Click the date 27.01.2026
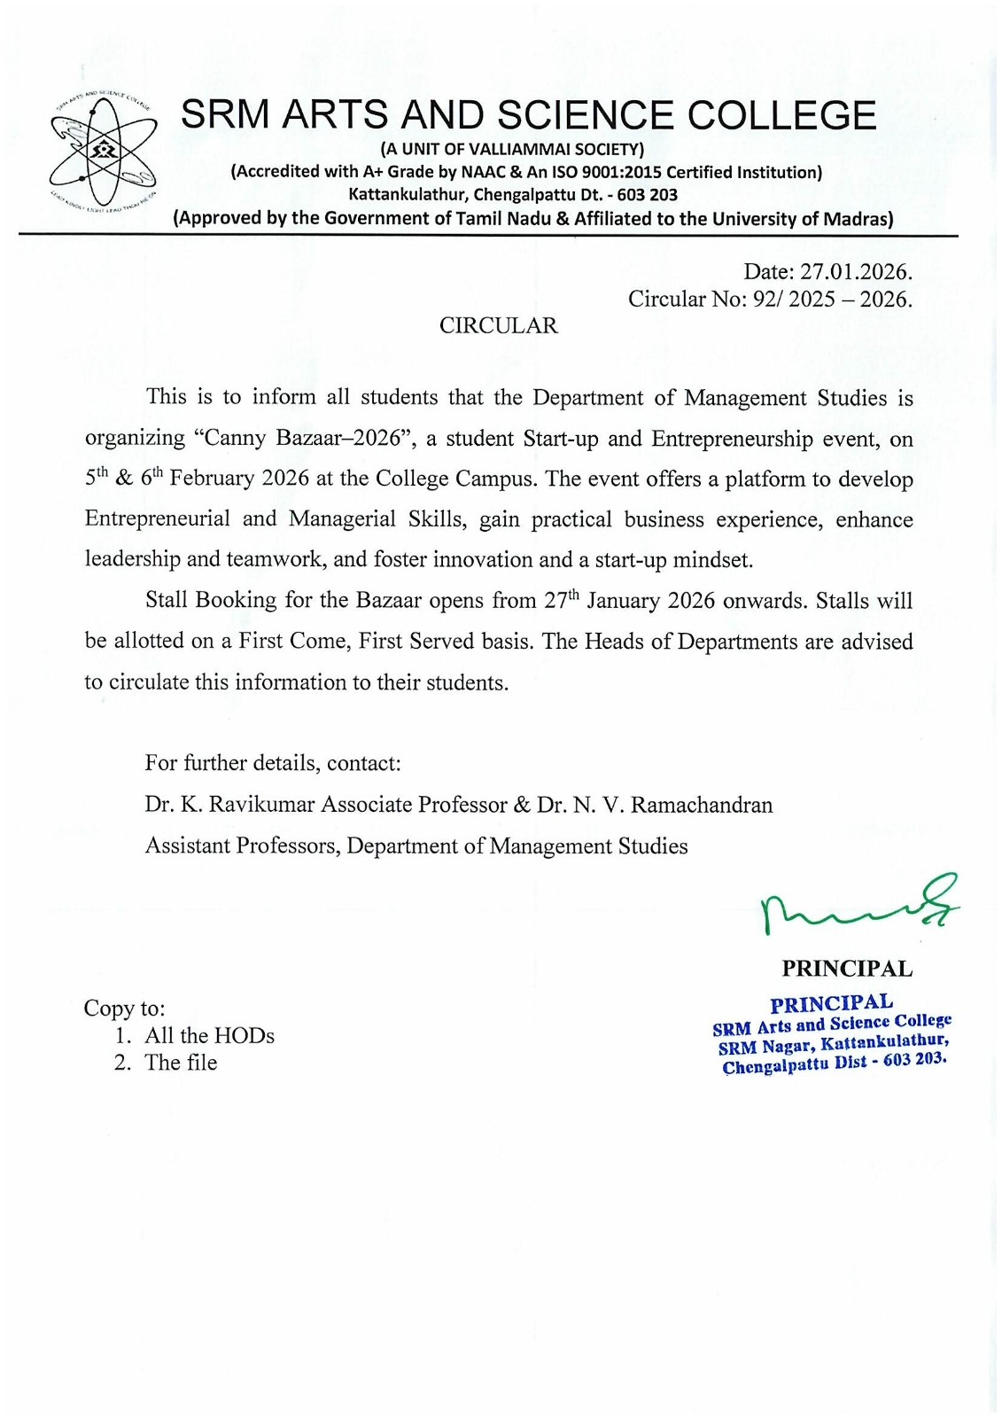pyautogui.click(x=855, y=270)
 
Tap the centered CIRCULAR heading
pyautogui.click(x=499, y=326)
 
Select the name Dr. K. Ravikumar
pyautogui.click(x=233, y=805)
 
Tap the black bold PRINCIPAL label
pyautogui.click(x=846, y=969)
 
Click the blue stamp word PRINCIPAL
pyautogui.click(x=831, y=1003)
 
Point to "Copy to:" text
pyautogui.click(x=124, y=1008)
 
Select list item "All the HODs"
pyautogui.click(x=209, y=1035)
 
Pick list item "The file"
pyautogui.click(x=181, y=1063)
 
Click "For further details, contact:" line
pyautogui.click(x=273, y=763)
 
